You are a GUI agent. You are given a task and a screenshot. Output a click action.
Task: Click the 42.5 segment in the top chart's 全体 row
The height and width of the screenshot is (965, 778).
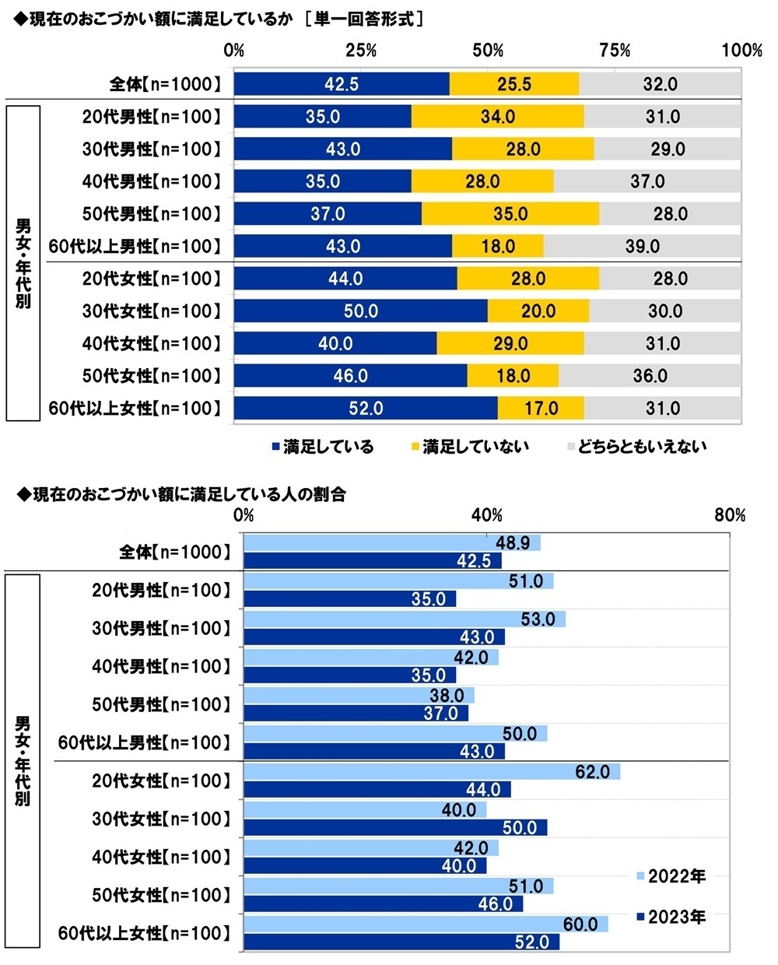[x=341, y=84]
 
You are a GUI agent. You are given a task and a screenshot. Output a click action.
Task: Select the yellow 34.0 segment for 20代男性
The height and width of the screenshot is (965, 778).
[x=497, y=117]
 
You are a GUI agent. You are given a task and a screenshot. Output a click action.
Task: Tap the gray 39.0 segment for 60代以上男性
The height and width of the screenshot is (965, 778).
[x=642, y=247]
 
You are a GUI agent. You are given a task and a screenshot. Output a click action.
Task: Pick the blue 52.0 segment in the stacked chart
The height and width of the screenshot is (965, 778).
[x=365, y=409]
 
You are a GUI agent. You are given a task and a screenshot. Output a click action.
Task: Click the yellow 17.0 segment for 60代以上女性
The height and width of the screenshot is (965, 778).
[x=541, y=409]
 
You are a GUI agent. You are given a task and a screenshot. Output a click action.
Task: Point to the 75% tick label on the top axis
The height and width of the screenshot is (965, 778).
[x=615, y=51]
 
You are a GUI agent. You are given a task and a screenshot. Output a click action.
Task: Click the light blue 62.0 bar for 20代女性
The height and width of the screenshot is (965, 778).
[x=432, y=772]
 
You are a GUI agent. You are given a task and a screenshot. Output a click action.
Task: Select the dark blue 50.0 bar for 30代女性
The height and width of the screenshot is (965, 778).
[x=395, y=827]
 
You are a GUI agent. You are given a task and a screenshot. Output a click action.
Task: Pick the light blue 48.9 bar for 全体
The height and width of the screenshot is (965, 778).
[x=391, y=543]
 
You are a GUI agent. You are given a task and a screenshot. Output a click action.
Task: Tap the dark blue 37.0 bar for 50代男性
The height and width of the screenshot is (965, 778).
[x=356, y=713]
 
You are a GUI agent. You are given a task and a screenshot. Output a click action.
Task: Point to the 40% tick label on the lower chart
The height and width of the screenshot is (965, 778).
[x=487, y=515]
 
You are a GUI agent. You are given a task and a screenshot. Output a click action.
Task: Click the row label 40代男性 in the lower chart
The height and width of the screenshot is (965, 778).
[x=162, y=667]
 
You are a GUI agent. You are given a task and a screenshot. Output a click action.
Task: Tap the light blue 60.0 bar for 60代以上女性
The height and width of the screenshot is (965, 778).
[x=426, y=925]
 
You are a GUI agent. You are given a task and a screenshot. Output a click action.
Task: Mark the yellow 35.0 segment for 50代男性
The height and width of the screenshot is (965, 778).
[x=510, y=214]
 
